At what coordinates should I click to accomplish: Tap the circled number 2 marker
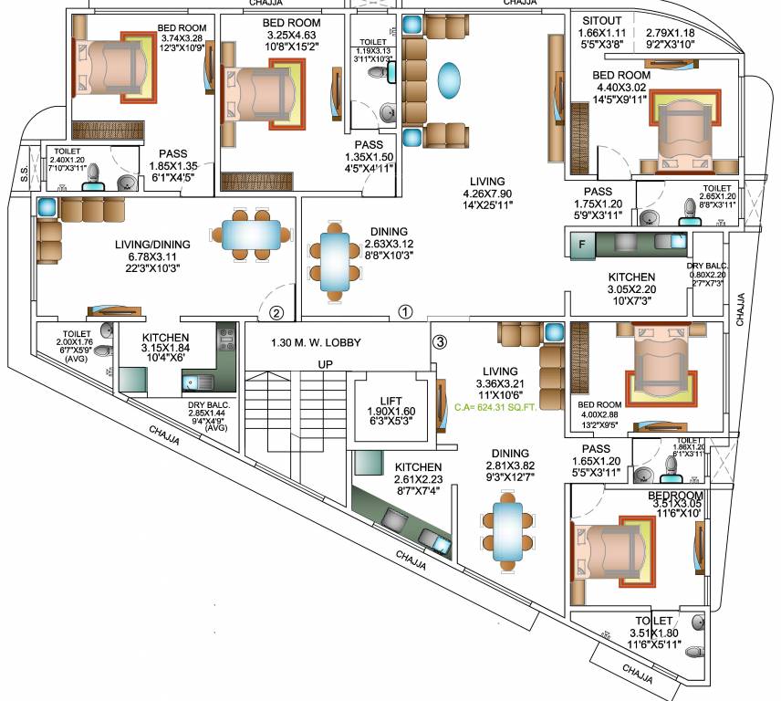click(277, 312)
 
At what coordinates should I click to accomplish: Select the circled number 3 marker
click(440, 342)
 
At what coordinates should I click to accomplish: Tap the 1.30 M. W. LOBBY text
click(317, 343)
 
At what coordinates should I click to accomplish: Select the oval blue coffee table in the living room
click(450, 79)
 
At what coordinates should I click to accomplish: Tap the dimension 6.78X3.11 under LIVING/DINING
click(153, 257)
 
